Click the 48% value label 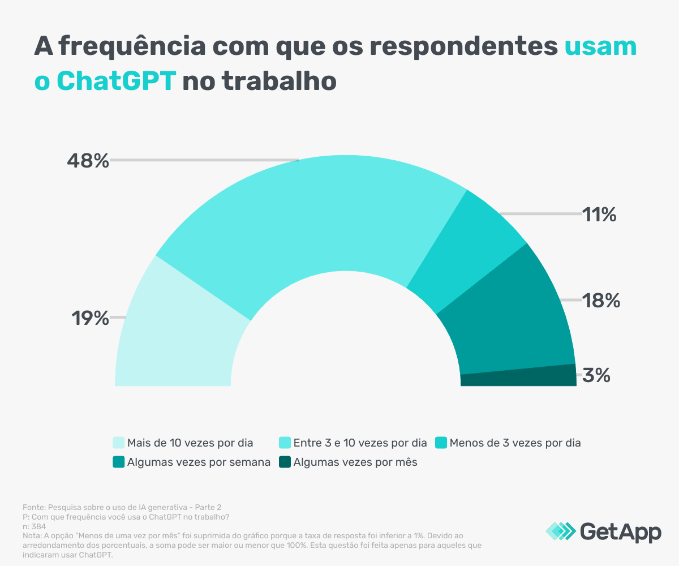[x=88, y=161]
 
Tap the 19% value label [x=89, y=319]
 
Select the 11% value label [x=600, y=215]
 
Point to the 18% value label [x=601, y=301]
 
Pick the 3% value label [x=597, y=375]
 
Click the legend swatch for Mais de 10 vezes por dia [x=118, y=443]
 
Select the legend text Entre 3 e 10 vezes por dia [x=360, y=443]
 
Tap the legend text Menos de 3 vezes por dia [x=515, y=443]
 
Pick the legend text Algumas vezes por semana [x=199, y=462]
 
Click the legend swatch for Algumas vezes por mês [x=284, y=462]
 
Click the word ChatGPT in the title [x=117, y=81]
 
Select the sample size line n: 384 [x=35, y=526]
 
